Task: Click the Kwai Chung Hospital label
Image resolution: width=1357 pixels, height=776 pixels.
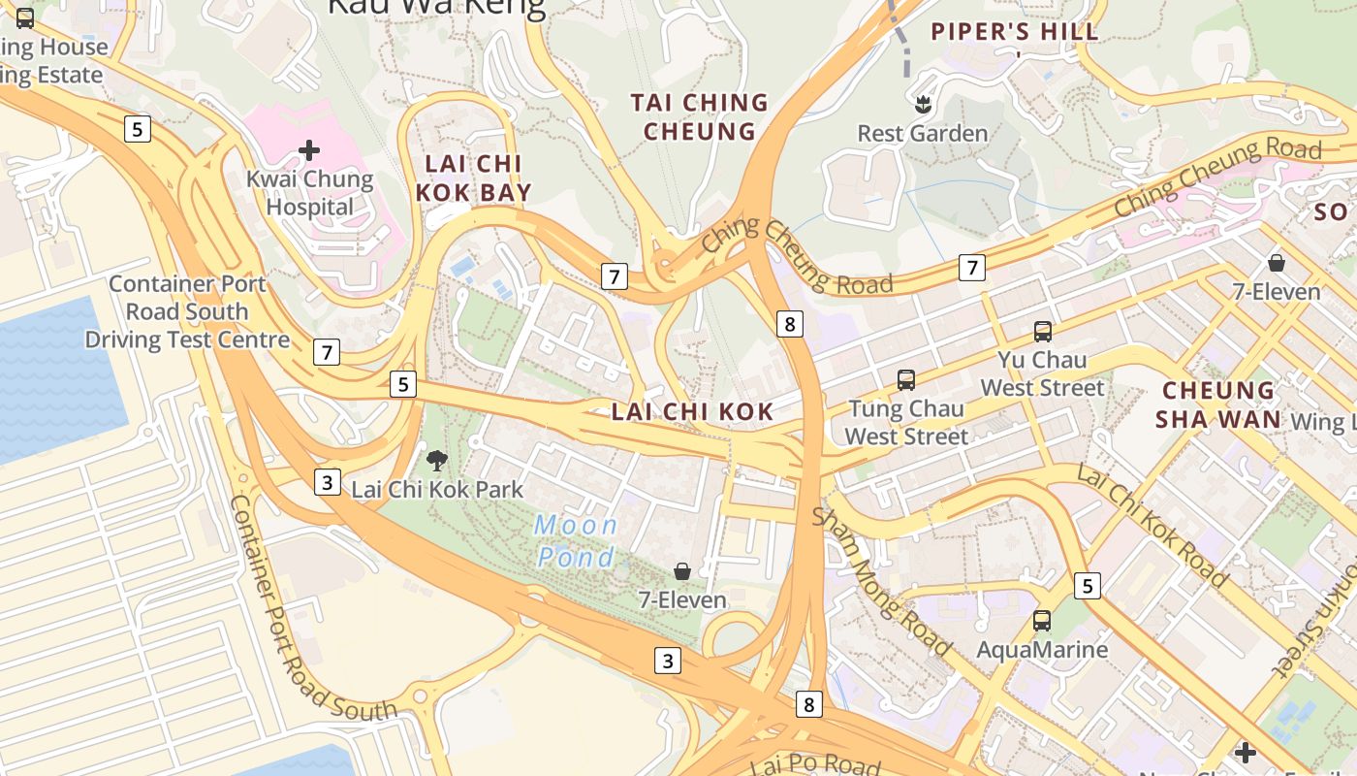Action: coord(309,193)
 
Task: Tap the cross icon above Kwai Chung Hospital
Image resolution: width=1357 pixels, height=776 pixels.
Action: coord(309,150)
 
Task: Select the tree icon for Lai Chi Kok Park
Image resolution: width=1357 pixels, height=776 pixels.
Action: coord(437,461)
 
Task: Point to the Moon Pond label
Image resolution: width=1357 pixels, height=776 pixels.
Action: coord(576,541)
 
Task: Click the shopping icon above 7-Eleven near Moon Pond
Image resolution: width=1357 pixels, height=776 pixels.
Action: coord(682,571)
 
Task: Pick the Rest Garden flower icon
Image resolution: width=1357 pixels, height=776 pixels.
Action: coord(922,102)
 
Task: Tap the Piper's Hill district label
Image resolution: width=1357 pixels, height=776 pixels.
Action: coord(1015,32)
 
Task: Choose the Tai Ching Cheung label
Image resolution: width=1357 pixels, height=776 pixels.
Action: coord(699,116)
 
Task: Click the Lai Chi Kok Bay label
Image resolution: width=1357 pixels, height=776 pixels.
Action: coord(474,178)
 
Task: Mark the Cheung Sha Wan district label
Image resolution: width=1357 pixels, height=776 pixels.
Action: coord(1219,404)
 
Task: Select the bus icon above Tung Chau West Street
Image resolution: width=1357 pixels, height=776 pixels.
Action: coord(906,380)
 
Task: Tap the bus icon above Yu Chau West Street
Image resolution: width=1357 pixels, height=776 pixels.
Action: coord(1043,332)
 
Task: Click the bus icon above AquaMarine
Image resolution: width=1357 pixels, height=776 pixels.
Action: coord(1042,621)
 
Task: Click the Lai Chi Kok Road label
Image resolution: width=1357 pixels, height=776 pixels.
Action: coord(1152,525)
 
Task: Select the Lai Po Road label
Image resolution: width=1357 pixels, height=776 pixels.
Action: coord(815,764)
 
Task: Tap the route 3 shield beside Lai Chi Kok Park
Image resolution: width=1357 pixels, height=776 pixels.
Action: coord(328,481)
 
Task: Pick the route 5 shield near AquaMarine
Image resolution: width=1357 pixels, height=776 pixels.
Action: coord(1088,586)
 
